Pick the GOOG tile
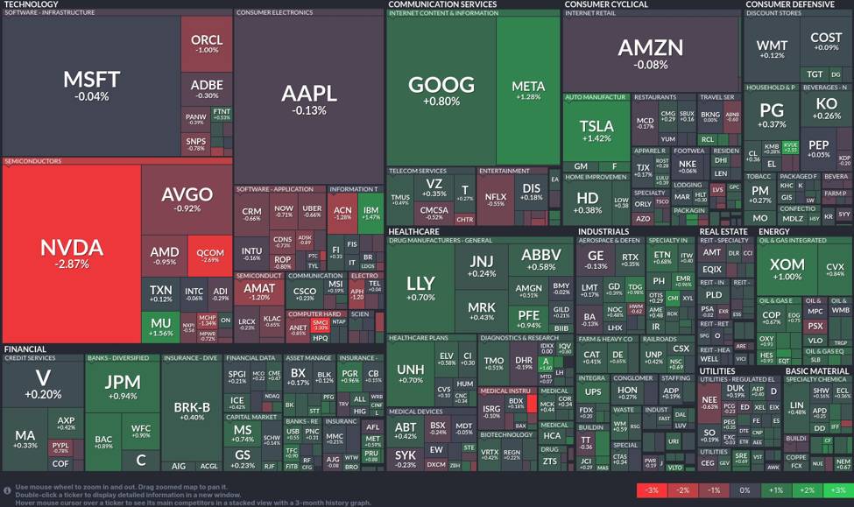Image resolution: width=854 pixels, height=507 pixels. pyautogui.click(x=441, y=89)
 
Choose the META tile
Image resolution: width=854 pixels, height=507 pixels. pyautogui.click(x=528, y=90)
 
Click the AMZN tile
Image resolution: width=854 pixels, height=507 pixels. pyautogui.click(x=650, y=52)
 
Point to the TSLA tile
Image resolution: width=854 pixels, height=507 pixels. pyautogui.click(x=596, y=131)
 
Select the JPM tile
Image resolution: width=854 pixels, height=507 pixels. pyautogui.click(x=123, y=386)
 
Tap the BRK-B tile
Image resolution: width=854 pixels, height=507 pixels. pyautogui.click(x=192, y=411)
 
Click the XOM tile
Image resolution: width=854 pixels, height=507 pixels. pyautogui.click(x=786, y=269)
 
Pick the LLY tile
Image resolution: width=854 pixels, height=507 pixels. pyautogui.click(x=420, y=288)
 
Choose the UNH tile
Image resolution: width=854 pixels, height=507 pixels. pyautogui.click(x=410, y=374)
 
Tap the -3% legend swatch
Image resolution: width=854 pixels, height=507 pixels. pyautogui.click(x=651, y=489)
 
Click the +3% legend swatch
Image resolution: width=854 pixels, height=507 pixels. pyautogui.click(x=837, y=489)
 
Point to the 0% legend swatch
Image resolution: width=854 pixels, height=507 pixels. pyautogui.click(x=744, y=489)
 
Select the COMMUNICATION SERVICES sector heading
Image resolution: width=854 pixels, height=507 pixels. pyautogui.click(x=442, y=4)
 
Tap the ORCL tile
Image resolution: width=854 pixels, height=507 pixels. pyautogui.click(x=207, y=44)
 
